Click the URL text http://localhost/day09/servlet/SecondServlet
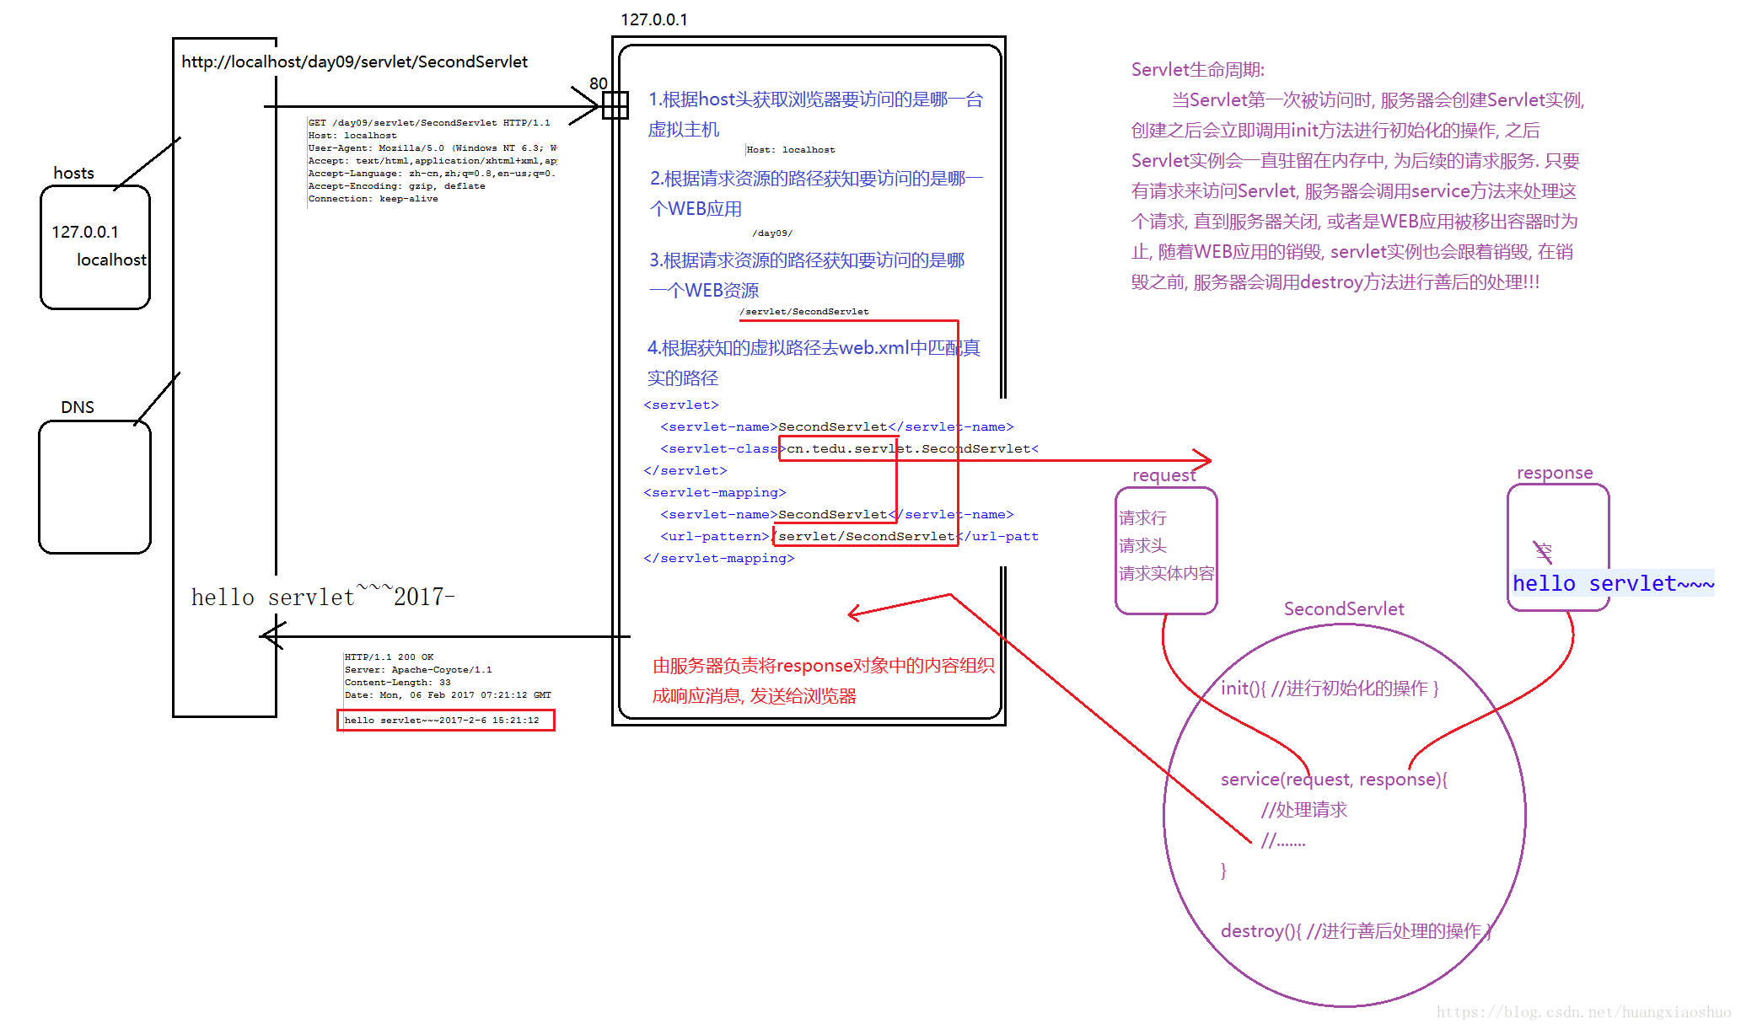[354, 62]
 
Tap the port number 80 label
[599, 83]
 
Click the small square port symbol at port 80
[615, 105]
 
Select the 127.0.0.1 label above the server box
[653, 19]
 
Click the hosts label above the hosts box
[73, 173]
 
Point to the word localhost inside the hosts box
[111, 260]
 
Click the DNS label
[78, 407]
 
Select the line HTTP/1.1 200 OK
[389, 657]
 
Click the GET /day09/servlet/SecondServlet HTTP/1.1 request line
[428, 123]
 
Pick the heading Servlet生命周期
[1197, 70]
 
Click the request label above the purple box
[1163, 475]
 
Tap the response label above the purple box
[1555, 473]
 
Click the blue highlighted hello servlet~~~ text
[1613, 583]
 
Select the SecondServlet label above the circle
[1344, 609]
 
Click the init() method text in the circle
[1330, 689]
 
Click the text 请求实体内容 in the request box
[1166, 574]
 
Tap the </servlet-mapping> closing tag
[718, 558]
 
